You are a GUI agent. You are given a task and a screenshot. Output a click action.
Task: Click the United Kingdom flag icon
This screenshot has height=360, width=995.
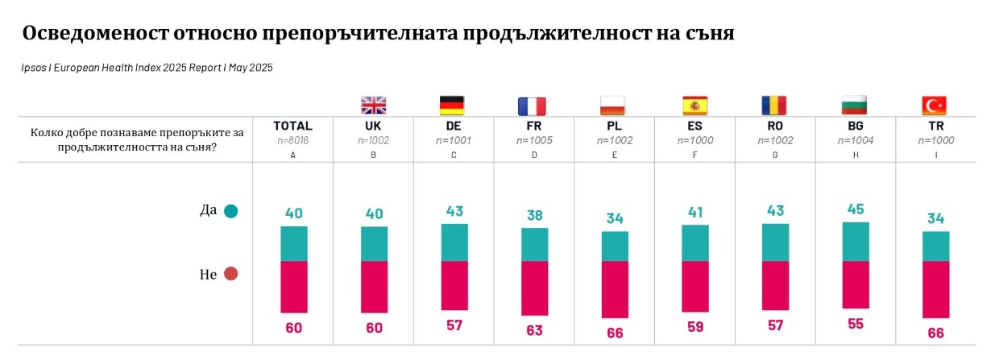click(373, 105)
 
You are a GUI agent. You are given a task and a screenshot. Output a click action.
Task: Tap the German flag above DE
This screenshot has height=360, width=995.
click(452, 105)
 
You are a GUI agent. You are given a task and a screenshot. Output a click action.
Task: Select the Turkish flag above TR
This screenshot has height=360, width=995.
click(934, 105)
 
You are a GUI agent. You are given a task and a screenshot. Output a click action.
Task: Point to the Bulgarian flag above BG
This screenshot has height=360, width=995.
click(854, 105)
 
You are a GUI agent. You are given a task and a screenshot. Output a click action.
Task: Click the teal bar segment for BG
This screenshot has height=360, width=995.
click(855, 242)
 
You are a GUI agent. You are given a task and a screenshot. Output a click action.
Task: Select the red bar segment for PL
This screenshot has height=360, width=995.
click(615, 289)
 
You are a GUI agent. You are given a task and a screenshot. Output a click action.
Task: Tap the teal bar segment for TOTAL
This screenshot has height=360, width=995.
click(293, 244)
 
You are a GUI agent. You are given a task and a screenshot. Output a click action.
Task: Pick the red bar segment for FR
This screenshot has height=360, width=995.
click(534, 288)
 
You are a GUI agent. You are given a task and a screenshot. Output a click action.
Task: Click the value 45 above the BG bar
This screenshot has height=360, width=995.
click(855, 209)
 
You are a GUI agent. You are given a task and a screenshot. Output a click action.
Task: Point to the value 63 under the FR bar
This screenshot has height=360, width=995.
click(534, 330)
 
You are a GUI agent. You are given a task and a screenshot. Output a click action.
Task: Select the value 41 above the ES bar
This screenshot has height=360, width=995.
click(694, 212)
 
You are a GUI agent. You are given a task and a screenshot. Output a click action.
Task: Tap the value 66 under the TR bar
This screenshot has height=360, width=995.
click(935, 333)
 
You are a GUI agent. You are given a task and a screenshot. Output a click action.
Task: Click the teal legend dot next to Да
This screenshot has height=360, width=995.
click(231, 212)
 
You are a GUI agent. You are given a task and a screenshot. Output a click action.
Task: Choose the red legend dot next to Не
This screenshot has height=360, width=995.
click(231, 274)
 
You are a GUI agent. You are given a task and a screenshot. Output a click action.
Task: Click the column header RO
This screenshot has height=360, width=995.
click(774, 126)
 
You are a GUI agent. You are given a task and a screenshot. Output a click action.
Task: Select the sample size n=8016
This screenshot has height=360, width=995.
click(292, 139)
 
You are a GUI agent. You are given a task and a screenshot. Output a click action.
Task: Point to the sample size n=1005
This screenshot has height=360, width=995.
click(533, 139)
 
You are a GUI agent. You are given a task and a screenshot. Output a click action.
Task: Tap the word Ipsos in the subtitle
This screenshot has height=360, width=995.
click(35, 68)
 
